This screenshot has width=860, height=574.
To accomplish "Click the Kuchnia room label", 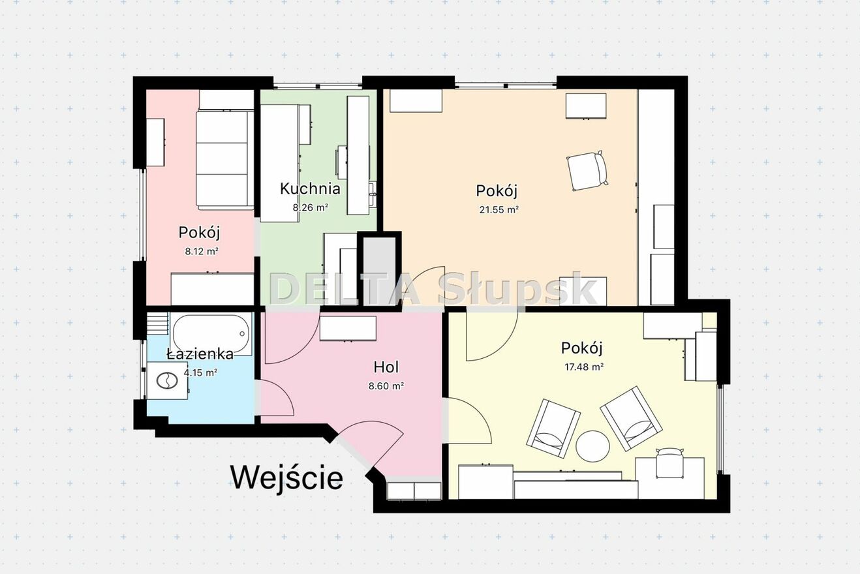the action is [x=310, y=189].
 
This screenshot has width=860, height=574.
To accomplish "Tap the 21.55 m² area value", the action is [x=499, y=210].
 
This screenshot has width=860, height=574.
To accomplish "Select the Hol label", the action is [x=386, y=367].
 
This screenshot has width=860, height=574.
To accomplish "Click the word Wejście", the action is [x=286, y=477].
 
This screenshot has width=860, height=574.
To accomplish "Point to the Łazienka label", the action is [x=200, y=354].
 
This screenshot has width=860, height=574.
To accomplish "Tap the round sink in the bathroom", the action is [x=167, y=381].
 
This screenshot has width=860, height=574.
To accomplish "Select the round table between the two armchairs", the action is [x=592, y=446].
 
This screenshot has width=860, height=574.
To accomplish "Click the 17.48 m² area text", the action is [x=584, y=367].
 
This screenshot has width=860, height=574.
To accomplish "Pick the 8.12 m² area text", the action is [x=202, y=252].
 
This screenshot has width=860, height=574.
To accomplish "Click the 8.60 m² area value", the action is [x=386, y=386].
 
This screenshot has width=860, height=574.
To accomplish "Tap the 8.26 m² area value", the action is [x=311, y=207].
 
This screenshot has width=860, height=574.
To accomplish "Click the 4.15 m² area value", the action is [x=201, y=372].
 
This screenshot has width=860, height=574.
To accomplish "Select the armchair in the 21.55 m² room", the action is [x=587, y=171].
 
